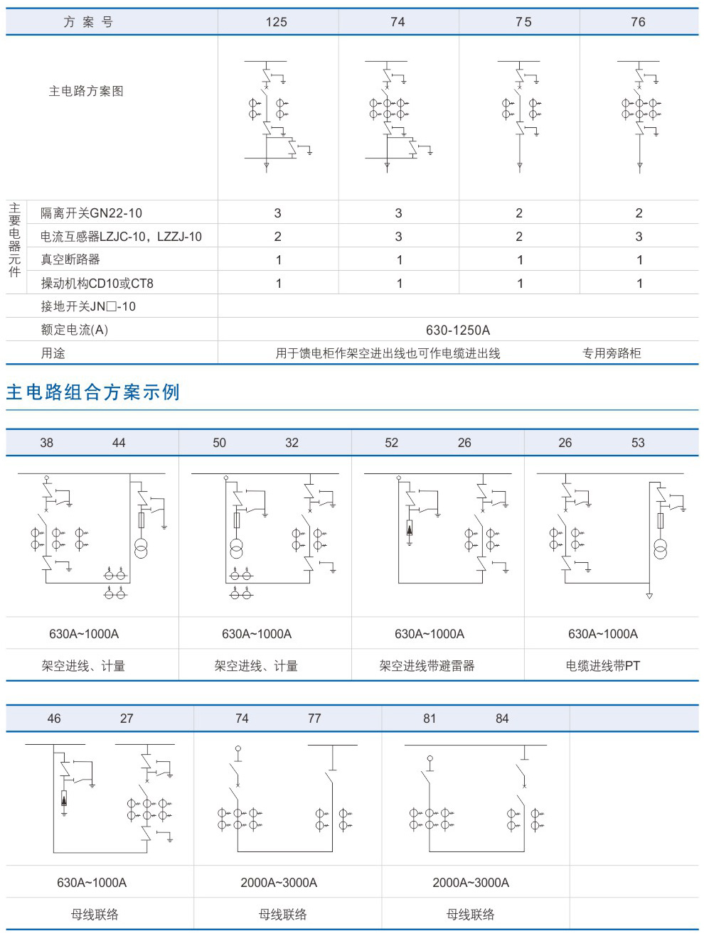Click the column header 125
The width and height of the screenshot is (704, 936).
click(277, 22)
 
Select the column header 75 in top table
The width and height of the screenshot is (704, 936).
click(523, 22)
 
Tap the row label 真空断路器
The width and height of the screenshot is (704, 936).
click(70, 259)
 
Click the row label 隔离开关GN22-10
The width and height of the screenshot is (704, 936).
click(91, 213)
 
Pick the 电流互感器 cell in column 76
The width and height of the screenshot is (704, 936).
click(639, 237)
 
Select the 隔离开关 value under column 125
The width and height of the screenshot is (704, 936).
click(277, 213)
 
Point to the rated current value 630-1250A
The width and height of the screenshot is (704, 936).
click(458, 330)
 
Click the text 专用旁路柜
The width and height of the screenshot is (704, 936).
click(612, 353)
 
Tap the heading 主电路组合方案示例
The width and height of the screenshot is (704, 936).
click(93, 392)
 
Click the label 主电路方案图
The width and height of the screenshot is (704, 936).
click(86, 91)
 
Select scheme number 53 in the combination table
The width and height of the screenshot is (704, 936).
click(638, 443)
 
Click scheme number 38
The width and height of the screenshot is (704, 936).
click(47, 443)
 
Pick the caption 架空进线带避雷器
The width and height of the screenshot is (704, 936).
click(427, 666)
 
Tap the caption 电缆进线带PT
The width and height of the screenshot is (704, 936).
click(603, 666)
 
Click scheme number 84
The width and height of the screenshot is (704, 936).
click(502, 719)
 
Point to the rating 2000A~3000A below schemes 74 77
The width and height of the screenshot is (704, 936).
click(279, 883)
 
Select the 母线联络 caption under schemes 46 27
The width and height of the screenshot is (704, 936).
click(95, 915)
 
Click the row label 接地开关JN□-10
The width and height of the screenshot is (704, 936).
click(88, 306)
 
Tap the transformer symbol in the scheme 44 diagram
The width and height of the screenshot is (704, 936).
click(141, 549)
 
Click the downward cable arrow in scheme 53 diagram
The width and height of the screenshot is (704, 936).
click(649, 596)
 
